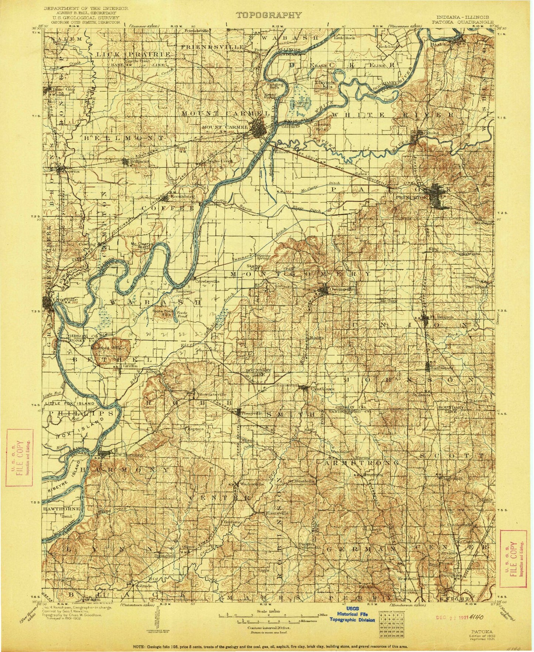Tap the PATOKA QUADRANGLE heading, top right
pyautogui.click(x=469, y=21)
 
